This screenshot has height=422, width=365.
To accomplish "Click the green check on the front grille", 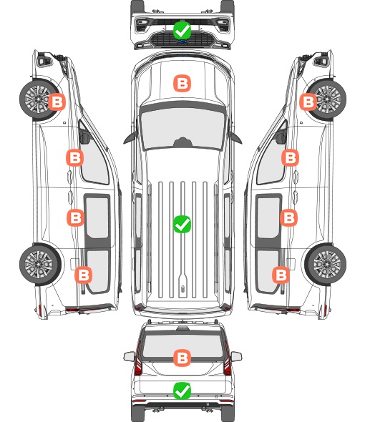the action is (182, 31).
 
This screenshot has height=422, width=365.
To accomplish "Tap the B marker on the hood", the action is (182, 83).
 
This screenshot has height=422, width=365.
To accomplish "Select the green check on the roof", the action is (182, 224).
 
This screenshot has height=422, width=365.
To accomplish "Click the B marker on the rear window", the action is (182, 358).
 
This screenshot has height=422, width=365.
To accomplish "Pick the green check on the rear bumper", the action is (182, 391).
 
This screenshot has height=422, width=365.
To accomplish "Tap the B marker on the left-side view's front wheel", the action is (57, 102).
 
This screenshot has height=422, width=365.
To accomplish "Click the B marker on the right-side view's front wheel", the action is (308, 102).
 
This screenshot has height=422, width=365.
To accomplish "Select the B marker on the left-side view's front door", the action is (75, 157).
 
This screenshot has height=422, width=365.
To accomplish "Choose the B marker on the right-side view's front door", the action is (290, 157).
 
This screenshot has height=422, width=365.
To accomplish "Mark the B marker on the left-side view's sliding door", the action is (75, 217).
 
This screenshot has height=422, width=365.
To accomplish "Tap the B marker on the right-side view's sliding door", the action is (288, 217).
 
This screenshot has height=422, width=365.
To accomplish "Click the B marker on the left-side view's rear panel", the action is (84, 275).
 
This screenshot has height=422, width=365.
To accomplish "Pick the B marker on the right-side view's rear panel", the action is (281, 275).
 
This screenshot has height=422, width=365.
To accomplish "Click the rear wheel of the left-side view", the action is (40, 265).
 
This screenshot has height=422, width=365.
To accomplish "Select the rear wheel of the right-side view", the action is (326, 265).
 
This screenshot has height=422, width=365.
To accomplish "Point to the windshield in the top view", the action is (182, 127).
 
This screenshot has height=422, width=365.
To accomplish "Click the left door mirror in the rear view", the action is (130, 356).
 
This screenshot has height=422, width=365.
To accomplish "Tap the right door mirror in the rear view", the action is (236, 356).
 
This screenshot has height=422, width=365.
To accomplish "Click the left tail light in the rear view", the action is (138, 359).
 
